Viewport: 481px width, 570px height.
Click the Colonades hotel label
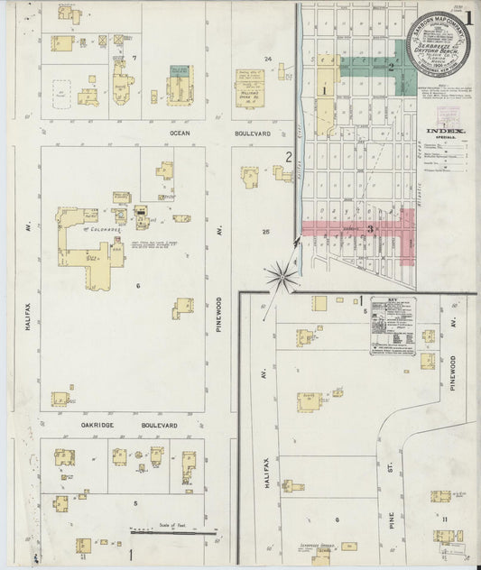pyautogui.click(x=94, y=230)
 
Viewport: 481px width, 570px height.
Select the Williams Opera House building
pyautogui.click(x=253, y=86)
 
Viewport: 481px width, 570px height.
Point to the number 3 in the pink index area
pyautogui.click(x=370, y=229)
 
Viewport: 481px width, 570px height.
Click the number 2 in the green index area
pyautogui.click(x=390, y=66)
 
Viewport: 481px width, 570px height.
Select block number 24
pyautogui.click(x=268, y=59)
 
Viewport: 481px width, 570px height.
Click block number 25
pyautogui.click(x=265, y=232)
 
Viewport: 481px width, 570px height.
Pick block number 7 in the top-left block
pyautogui.click(x=134, y=58)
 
